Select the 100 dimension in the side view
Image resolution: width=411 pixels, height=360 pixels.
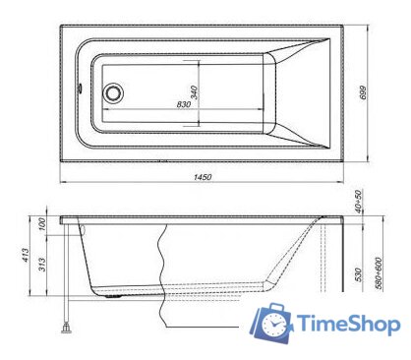(40, 225)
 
